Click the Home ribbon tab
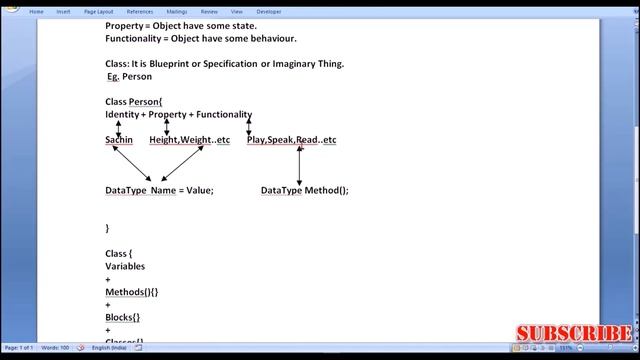coord(36,12)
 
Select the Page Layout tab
coord(98,12)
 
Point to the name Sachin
coord(119,140)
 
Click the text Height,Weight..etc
coord(189,140)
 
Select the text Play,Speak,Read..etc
coord(291,140)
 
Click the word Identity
coord(122,115)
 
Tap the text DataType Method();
coord(304,190)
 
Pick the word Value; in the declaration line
coord(200,190)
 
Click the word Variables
coord(125,267)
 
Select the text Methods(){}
coord(132,292)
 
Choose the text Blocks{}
coord(123,317)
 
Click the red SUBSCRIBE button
coord(573,334)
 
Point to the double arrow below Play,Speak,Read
coord(299,166)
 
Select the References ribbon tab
coord(139,12)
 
